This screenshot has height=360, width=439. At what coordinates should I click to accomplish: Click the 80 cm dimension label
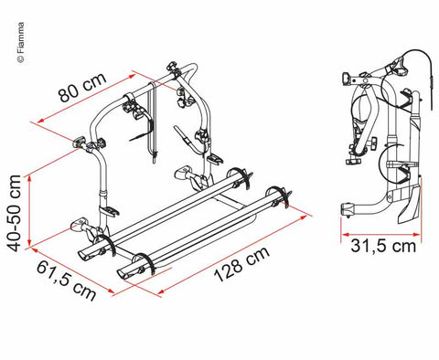pyautogui.click(x=83, y=87)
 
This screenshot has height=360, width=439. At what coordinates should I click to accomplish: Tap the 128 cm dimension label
pyautogui.click(x=241, y=263)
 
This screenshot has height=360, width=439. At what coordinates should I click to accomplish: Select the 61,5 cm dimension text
pyautogui.click(x=67, y=281)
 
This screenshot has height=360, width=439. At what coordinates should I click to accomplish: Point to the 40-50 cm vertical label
pyautogui.click(x=14, y=213)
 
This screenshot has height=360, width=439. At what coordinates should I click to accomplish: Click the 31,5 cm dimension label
pyautogui.click(x=383, y=246)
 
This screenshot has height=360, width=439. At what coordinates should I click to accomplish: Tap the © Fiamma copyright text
pyautogui.click(x=20, y=43)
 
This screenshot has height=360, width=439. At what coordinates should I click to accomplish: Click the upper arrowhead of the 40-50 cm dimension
pyautogui.click(x=29, y=180)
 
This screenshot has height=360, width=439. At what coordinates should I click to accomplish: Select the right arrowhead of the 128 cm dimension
pyautogui.click(x=304, y=217)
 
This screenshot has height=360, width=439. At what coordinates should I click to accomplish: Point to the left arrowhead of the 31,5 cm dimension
pyautogui.click(x=345, y=235)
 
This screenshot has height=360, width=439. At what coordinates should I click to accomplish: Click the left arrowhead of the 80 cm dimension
pyautogui.click(x=40, y=121)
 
